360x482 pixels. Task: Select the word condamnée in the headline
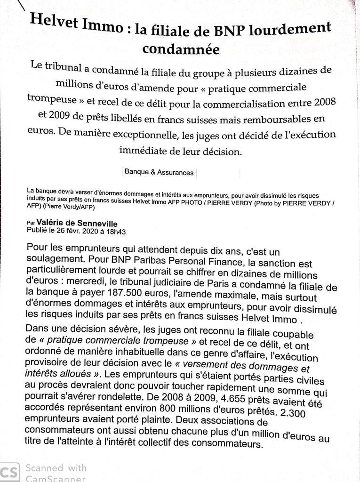[x=181, y=48]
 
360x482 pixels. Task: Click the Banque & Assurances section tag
[x=159, y=172]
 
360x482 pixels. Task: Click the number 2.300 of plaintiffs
[x=292, y=413]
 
